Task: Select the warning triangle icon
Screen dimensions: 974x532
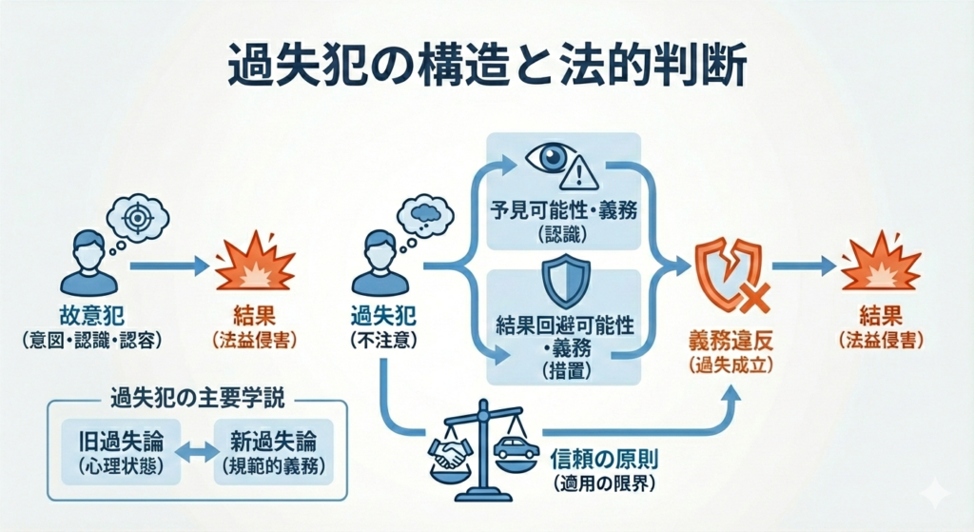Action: coord(581,172)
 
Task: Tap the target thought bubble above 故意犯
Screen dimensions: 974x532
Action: coord(136,217)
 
